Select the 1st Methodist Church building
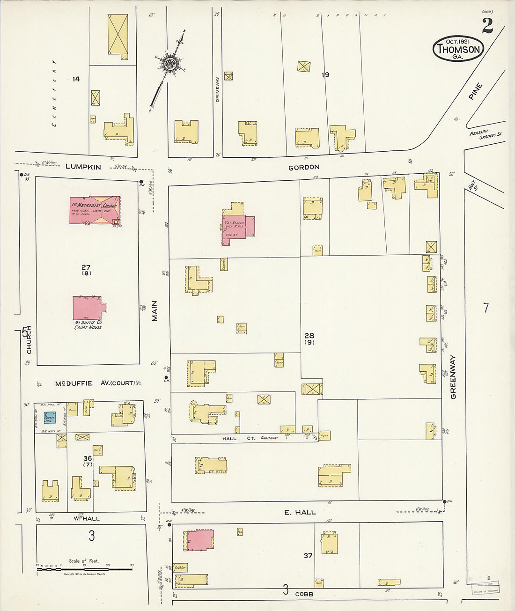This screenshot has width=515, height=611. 95,210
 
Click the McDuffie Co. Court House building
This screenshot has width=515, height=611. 88,308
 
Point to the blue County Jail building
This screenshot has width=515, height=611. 49,418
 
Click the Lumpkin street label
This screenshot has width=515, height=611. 83,167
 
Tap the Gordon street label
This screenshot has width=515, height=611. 304,167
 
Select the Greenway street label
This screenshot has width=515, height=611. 453,377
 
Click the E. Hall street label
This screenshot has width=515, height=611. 300,512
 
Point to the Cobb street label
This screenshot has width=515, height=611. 304,594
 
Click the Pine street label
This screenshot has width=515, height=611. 475,91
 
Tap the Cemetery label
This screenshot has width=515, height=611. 54,93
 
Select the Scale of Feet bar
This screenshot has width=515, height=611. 84,569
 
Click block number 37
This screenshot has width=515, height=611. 308,556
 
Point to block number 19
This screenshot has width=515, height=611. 325,74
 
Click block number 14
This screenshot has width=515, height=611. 76,79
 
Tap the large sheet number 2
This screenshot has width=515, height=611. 487,26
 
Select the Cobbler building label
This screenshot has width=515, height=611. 180,567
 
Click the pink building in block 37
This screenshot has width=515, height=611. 200,540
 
